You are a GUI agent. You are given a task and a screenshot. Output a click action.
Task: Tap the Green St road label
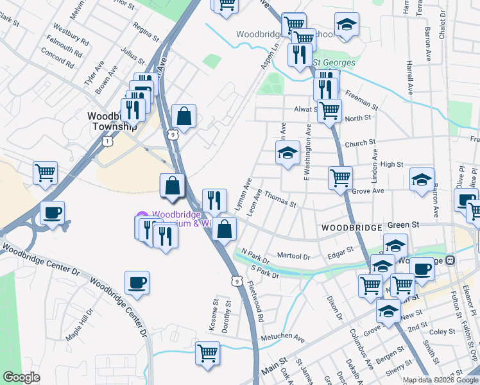click(x=403, y=225)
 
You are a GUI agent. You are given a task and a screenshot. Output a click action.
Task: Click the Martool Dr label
click(x=294, y=256)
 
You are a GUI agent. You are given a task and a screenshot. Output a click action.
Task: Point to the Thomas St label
click(x=280, y=200)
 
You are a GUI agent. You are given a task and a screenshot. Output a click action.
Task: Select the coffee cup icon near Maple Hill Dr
click(x=136, y=282)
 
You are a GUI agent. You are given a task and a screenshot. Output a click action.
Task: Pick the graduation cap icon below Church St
click(x=287, y=153)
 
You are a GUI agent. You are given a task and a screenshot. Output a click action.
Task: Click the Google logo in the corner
click(x=21, y=377)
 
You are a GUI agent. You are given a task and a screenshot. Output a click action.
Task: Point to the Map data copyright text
click(x=440, y=380)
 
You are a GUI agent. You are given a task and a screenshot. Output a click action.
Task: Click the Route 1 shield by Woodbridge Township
click(x=110, y=139)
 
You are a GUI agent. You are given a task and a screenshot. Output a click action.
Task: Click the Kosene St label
click(x=214, y=314)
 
